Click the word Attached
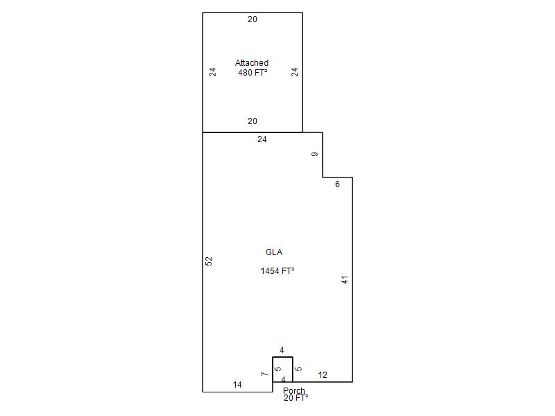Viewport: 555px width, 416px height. [x=252, y=63]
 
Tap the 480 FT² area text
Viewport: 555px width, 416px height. [x=253, y=73]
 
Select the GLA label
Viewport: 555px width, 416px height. [x=274, y=252]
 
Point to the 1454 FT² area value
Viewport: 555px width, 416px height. [x=277, y=271]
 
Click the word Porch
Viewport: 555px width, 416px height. [x=293, y=390]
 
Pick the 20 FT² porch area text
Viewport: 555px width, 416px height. [x=296, y=397]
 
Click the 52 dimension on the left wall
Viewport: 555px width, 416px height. [x=209, y=261]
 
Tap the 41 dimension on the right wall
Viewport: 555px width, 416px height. [x=345, y=279]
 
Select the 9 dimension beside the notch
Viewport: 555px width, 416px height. [x=315, y=154]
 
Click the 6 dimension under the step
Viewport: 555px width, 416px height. [x=337, y=184]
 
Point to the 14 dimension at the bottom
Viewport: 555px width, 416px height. [x=237, y=385]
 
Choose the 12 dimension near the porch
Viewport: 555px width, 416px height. [x=323, y=375]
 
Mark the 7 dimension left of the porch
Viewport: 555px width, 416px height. [x=264, y=374]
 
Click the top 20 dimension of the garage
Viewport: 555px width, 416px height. [x=253, y=19]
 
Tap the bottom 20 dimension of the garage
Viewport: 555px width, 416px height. [x=253, y=121]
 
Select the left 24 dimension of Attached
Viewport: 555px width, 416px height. [x=212, y=72]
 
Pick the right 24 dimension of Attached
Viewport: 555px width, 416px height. [x=294, y=72]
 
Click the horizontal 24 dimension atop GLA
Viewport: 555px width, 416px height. [x=262, y=139]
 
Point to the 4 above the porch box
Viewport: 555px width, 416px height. [x=282, y=350]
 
